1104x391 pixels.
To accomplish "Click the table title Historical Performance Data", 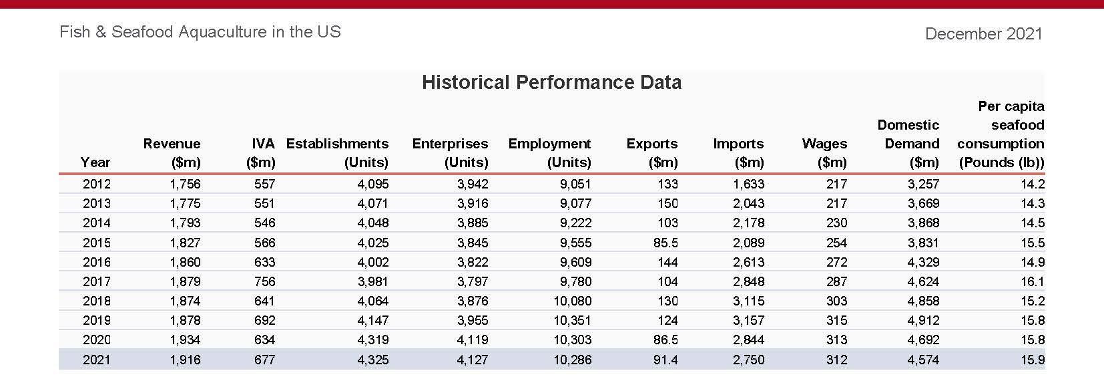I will point(551,82).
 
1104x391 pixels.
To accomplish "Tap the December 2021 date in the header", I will point(983,33).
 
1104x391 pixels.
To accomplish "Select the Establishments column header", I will point(337,152).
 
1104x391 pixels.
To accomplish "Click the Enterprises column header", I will point(450,152).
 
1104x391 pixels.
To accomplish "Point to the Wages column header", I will point(824,152).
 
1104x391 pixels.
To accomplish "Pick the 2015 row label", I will point(96,243).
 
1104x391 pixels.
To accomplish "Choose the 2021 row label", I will point(96,360).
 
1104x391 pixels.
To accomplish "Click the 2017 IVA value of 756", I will point(264,281).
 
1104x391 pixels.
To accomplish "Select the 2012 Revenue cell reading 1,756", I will point(185,184).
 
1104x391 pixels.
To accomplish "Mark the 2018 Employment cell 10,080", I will point(572,301).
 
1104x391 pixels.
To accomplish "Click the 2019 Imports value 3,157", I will point(748,320).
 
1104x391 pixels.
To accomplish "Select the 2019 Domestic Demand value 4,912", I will point(923,320).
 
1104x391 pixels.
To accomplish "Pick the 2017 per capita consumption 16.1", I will point(1033,281).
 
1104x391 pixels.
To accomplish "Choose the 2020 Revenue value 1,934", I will point(185,340).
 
